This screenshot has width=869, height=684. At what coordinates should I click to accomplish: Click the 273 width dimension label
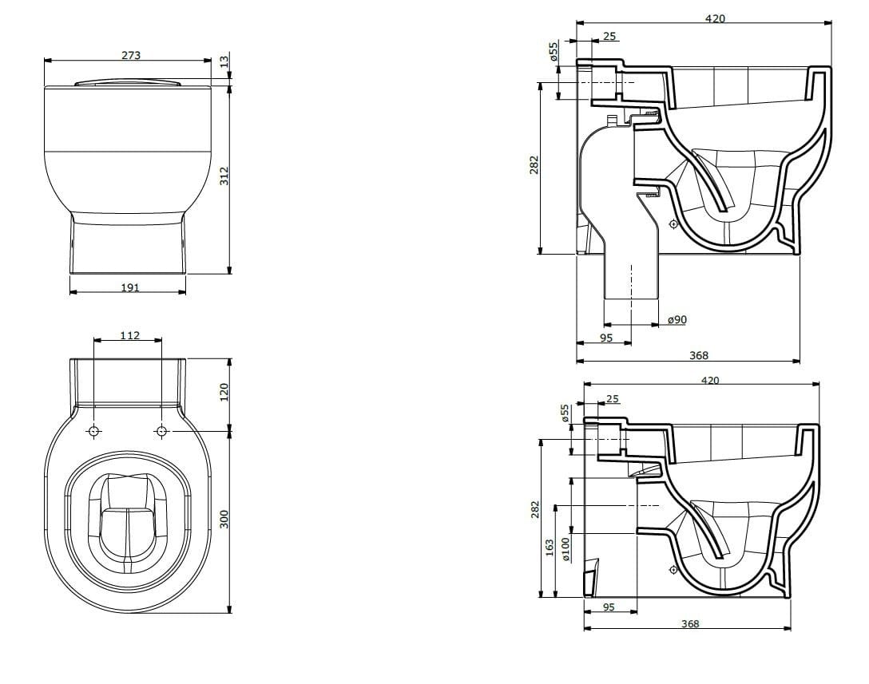131,55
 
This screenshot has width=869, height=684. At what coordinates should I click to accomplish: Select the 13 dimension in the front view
224,60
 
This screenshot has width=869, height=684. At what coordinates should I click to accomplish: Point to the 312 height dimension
224,176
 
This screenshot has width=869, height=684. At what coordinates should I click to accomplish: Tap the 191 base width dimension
129,287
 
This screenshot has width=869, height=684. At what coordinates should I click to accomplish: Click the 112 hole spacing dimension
129,335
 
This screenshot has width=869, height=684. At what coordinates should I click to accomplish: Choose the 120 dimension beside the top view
224,391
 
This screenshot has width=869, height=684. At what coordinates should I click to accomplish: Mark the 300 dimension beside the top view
224,519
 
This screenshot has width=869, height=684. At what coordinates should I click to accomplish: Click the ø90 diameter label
677,320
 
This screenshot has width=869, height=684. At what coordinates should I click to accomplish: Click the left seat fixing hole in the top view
94,431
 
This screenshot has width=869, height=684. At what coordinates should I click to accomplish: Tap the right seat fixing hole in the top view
162,431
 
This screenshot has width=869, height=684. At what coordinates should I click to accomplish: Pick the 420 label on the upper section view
715,18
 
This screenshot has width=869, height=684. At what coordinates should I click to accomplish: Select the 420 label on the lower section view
710,381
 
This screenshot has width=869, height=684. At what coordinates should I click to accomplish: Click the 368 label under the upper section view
699,356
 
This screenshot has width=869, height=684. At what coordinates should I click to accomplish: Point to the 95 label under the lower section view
609,607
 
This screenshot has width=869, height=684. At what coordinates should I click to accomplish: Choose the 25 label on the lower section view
613,398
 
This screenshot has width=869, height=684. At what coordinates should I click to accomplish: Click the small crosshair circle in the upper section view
674,224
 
